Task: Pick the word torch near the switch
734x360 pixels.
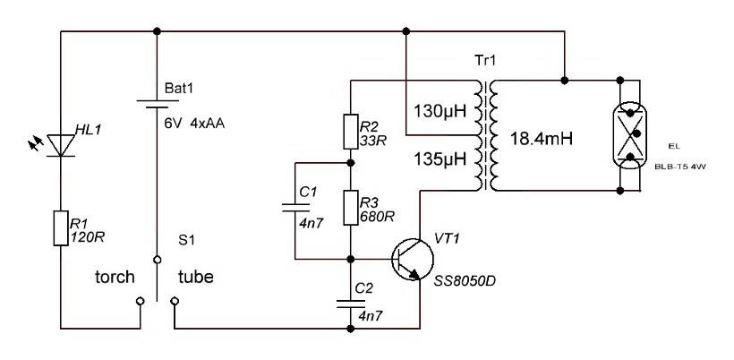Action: click(115, 277)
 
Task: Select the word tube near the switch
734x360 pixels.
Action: click(196, 277)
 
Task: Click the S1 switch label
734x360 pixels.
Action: click(186, 240)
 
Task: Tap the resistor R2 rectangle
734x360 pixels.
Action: click(351, 131)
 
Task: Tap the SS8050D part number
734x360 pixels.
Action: click(464, 281)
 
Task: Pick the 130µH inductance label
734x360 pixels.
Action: click(440, 113)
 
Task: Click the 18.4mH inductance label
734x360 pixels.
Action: click(541, 139)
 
